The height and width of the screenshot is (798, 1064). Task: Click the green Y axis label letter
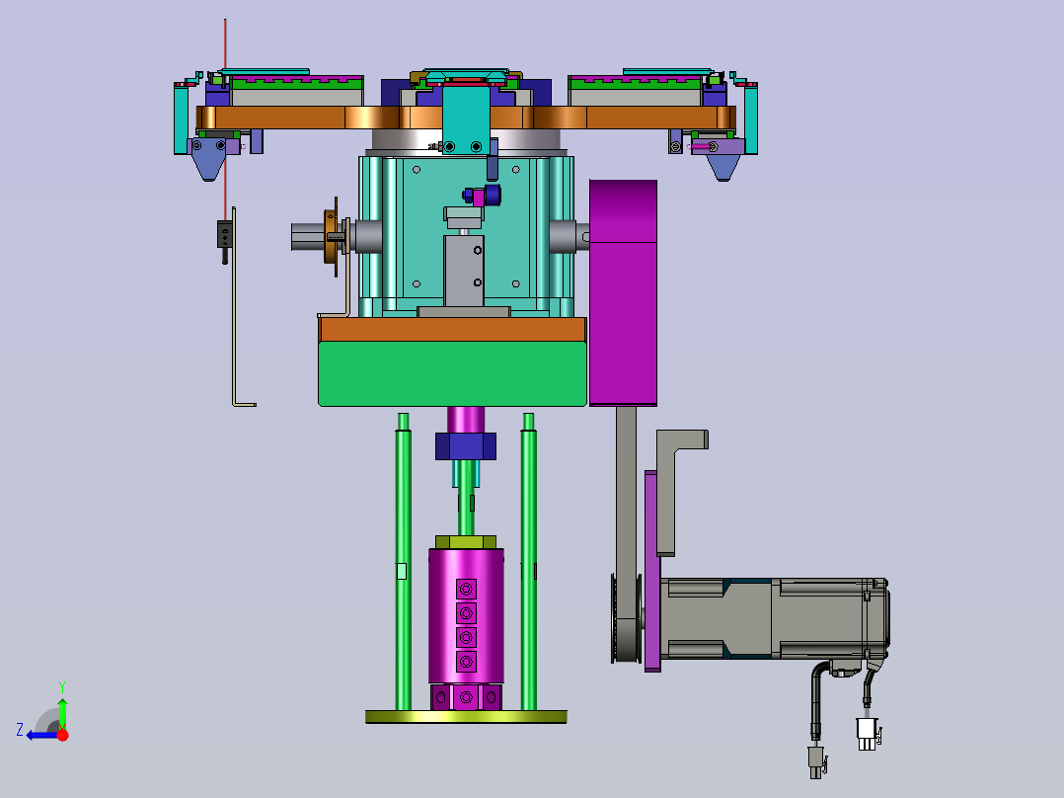pos(62,686)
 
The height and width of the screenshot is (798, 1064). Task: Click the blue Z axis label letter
pos(20,730)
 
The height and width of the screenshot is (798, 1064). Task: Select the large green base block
pos(452,373)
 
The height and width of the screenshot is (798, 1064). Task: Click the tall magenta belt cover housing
pos(623,292)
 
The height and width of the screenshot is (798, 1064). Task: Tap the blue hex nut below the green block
pos(466,446)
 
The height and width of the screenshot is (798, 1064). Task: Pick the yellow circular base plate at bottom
pos(466,716)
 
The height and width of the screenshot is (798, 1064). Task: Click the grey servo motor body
pos(774,618)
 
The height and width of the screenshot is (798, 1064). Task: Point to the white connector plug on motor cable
pos(867,734)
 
